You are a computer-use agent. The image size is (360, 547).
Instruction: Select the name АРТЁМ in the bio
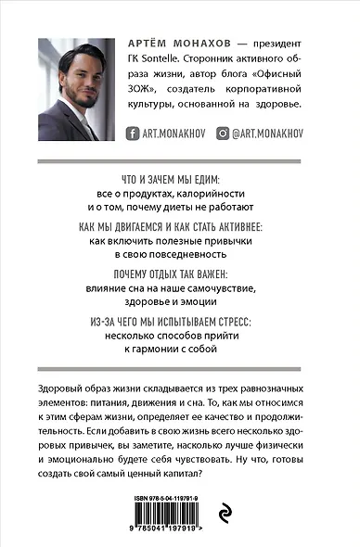click(x=146, y=45)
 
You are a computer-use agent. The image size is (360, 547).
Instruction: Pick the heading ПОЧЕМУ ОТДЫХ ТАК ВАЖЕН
click(x=180, y=274)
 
